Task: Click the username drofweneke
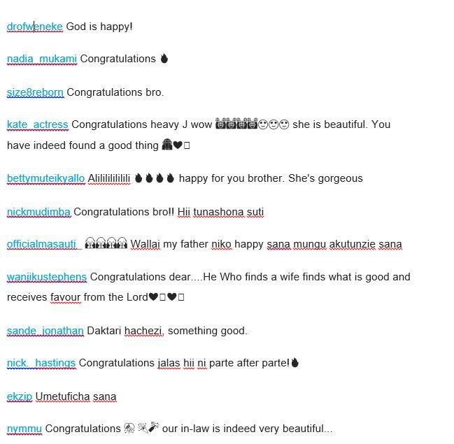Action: point(34,27)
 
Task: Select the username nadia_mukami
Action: point(41,59)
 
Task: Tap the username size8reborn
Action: point(35,92)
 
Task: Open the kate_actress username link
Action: point(37,125)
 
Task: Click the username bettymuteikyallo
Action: point(45,178)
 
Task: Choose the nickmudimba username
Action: point(38,212)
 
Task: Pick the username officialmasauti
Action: point(41,244)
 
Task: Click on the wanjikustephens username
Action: point(47,277)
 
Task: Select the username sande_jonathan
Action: point(45,331)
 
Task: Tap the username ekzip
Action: point(20,396)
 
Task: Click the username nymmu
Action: point(24,429)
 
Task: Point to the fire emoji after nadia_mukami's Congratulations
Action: point(164,59)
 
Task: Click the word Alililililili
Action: point(109,178)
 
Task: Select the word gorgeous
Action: point(339,178)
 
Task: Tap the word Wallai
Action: point(145,244)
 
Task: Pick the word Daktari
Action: point(104,331)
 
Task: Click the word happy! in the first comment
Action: point(117,27)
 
